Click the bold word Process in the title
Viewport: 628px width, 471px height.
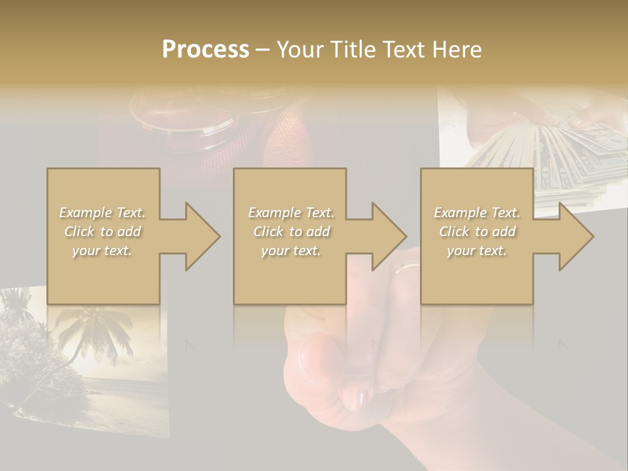coord(205,50)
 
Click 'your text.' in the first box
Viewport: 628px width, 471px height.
coord(102,251)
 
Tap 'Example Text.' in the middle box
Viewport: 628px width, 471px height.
coord(291,213)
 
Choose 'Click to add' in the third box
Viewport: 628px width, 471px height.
coord(477,232)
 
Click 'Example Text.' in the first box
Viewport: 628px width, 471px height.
coord(102,213)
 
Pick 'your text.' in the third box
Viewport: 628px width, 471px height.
coord(477,251)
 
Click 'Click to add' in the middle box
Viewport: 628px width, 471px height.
coord(291,232)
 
